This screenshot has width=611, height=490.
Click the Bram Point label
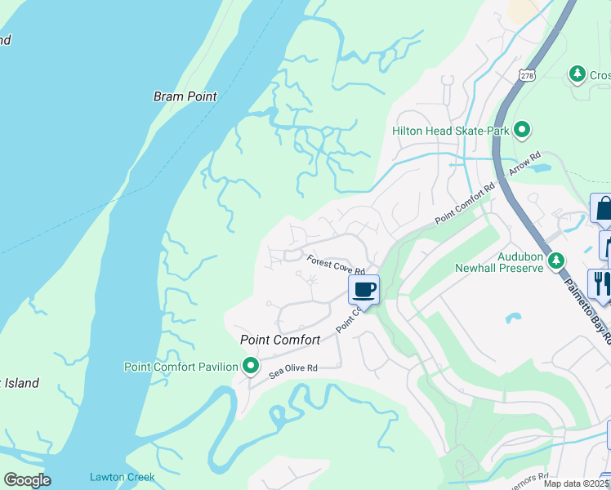point(185,96)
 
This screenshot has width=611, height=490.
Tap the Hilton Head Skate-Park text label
point(450,131)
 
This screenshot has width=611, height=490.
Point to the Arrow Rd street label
point(525,166)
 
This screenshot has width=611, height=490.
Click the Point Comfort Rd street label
point(465,204)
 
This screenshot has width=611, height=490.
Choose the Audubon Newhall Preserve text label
point(498,261)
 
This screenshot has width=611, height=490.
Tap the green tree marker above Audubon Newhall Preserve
point(556,260)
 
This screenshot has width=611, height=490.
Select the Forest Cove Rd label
point(335,265)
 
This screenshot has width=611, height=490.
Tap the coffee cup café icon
point(364,289)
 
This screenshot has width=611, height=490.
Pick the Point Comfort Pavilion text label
point(181,367)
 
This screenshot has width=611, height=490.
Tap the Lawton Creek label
point(122,478)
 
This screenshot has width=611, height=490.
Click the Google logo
point(26,480)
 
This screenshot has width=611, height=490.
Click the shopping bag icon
point(602,208)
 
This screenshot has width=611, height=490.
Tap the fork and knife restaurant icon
point(599,283)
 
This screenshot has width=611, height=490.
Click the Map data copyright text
point(576,483)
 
